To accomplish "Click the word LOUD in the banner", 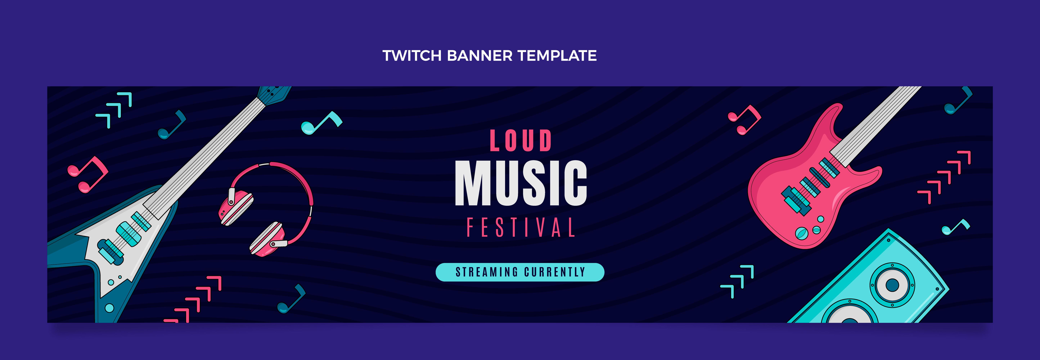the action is point(521,141).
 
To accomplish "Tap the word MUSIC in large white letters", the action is point(521,183).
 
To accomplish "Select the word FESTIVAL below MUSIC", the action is point(521,227).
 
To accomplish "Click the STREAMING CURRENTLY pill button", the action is point(520,272).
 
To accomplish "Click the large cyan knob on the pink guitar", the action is point(801,233).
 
